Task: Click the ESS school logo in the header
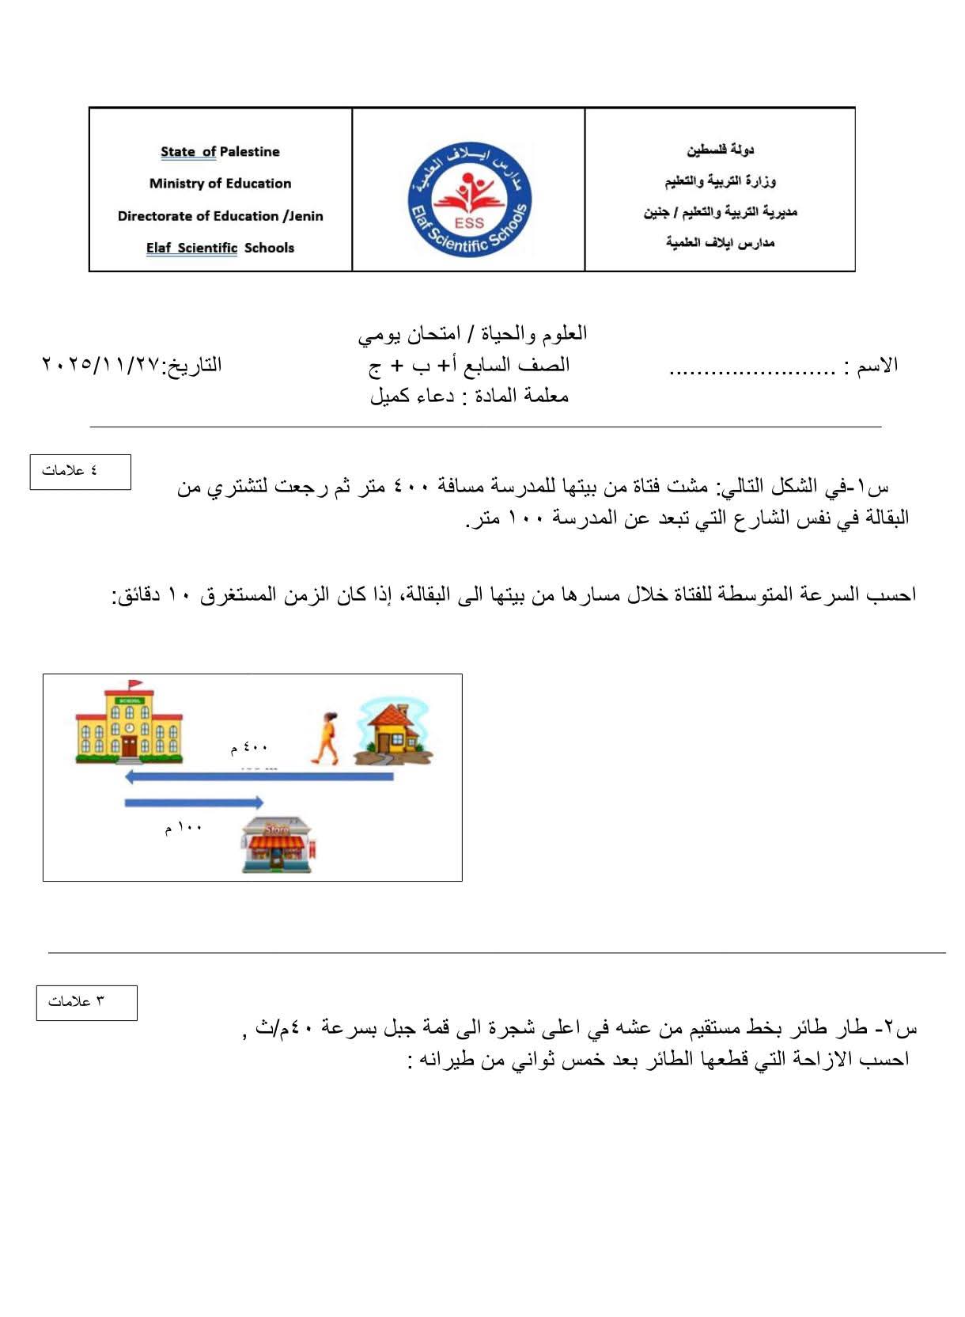(x=469, y=199)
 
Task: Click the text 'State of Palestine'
(x=220, y=151)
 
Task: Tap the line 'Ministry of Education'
(x=220, y=184)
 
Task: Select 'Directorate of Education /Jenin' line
(x=220, y=216)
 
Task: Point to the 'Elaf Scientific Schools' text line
(x=220, y=248)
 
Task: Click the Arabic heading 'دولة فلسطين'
(x=720, y=150)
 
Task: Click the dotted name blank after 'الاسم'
(x=752, y=369)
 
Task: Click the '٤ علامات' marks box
(x=80, y=472)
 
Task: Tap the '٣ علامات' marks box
(x=86, y=1002)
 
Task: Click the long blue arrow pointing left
(x=259, y=777)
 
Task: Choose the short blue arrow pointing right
(x=194, y=803)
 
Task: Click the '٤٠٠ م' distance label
(x=249, y=747)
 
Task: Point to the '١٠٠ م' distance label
(x=184, y=828)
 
